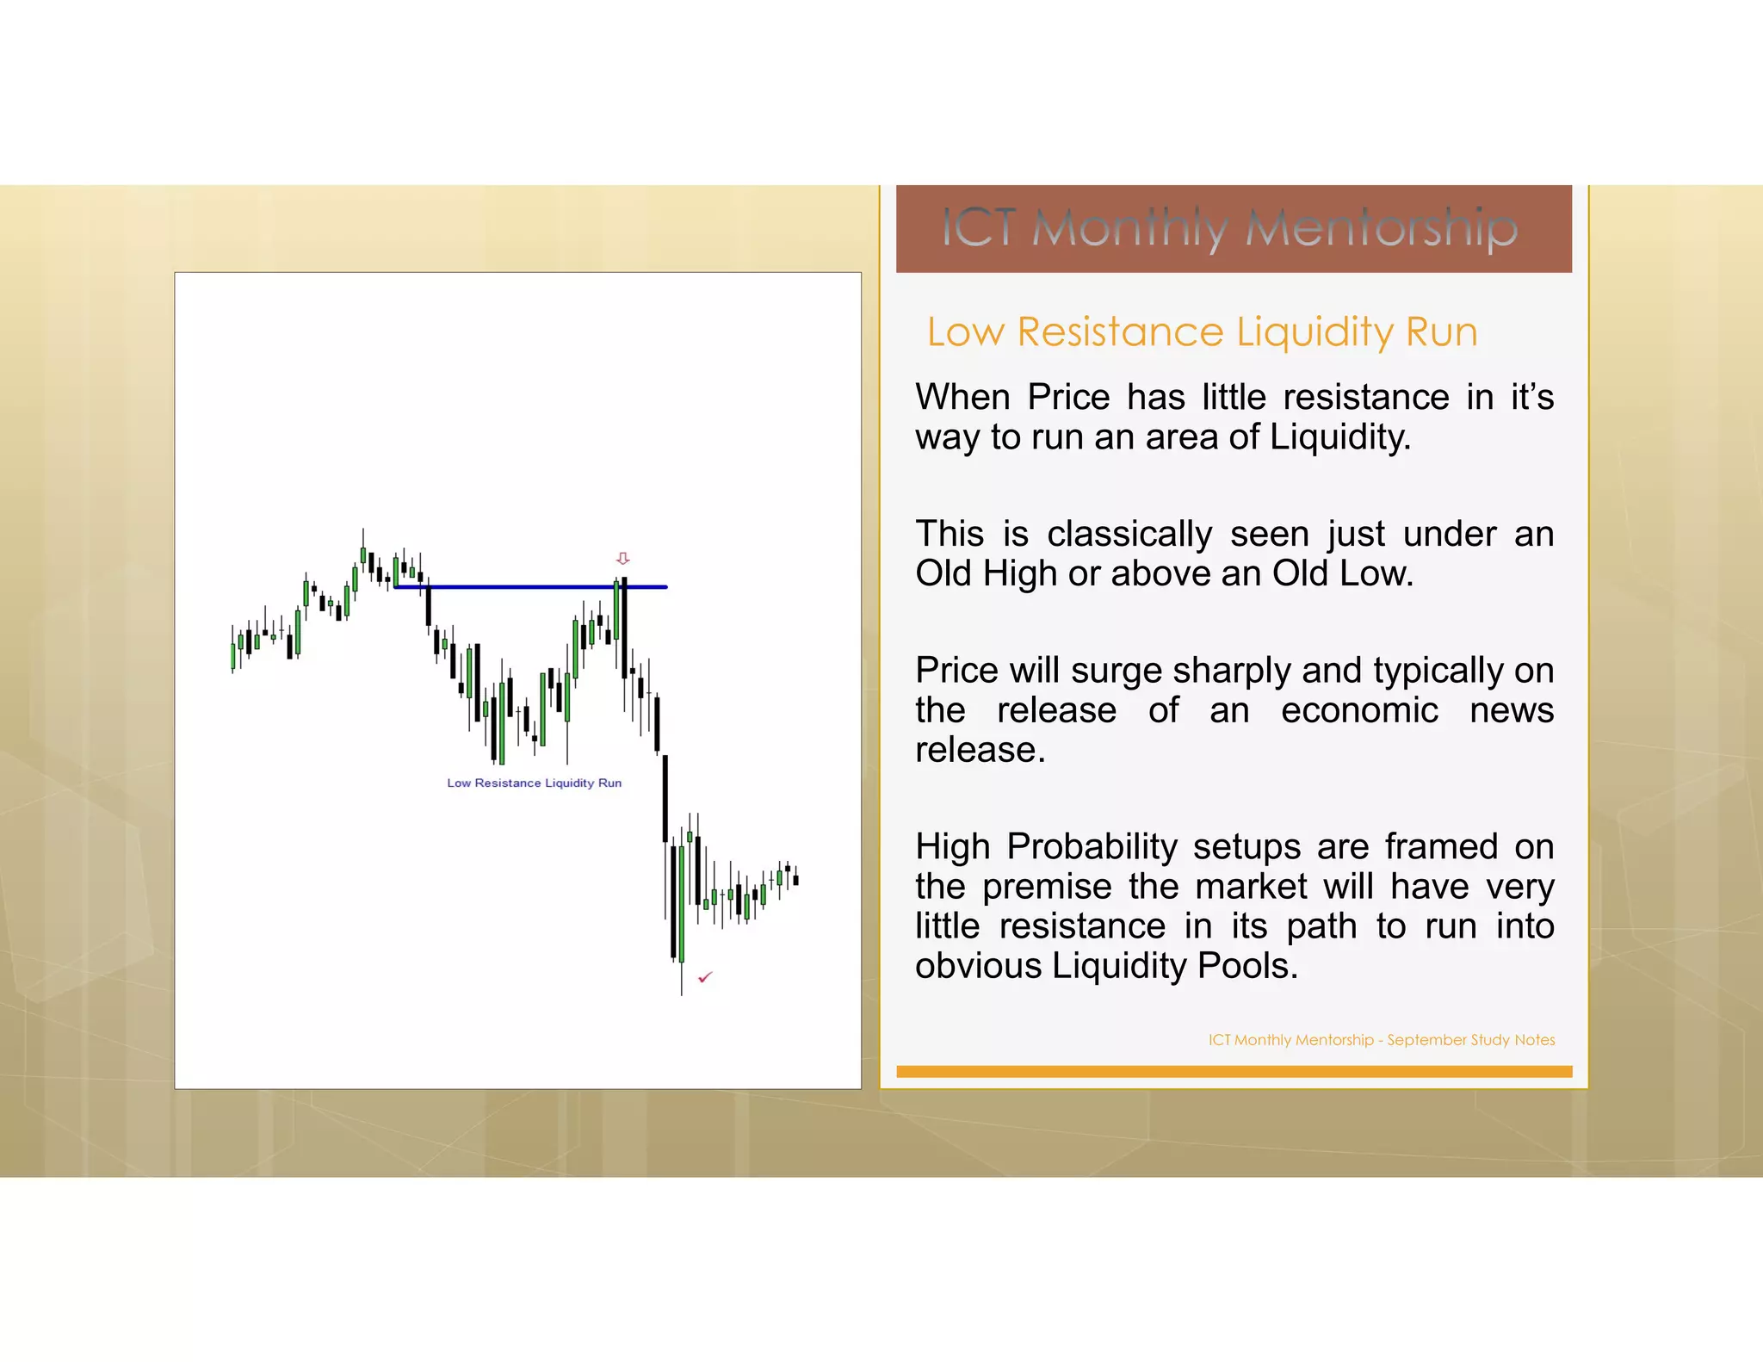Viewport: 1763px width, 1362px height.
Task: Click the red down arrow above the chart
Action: (623, 558)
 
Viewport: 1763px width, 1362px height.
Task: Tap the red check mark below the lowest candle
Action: (705, 977)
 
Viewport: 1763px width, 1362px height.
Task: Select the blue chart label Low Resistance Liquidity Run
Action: (534, 783)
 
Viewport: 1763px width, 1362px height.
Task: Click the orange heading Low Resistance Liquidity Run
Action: (1202, 332)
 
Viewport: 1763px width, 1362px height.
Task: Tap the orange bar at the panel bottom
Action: (1234, 1072)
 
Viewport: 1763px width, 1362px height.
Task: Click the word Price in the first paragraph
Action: (1068, 398)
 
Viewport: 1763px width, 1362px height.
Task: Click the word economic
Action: (1359, 710)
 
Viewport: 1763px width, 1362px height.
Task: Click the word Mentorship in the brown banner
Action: (1381, 228)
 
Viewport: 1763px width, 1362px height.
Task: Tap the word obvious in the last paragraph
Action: (978, 966)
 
